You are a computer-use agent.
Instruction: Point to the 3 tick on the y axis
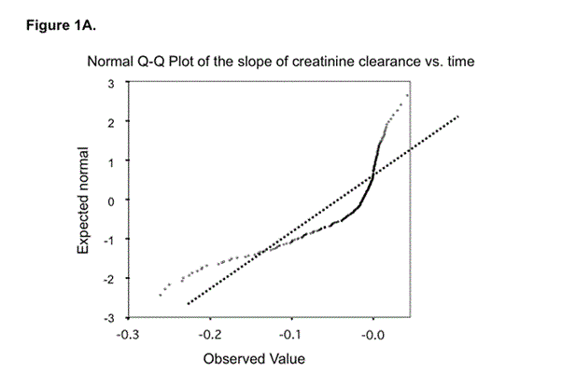[x=110, y=83]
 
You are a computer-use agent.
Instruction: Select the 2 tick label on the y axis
[x=110, y=122]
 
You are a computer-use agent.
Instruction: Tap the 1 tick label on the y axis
[x=110, y=161]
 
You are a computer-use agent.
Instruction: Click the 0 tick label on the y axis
[x=110, y=201]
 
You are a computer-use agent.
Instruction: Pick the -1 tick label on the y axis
[x=108, y=241]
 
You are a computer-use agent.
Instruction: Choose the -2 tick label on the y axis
[x=108, y=280]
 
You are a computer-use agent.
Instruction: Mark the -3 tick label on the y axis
[x=108, y=319]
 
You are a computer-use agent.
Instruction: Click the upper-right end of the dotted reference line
[x=459, y=117]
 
